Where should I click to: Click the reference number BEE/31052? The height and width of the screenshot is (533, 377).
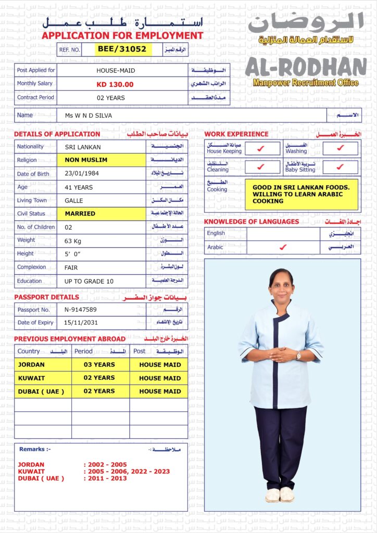tap(124, 49)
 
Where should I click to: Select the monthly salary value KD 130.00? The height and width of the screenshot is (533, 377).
tap(115, 84)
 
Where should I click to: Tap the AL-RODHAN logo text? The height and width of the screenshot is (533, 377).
tap(306, 67)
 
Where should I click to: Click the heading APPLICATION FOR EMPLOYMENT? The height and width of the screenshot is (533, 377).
tap(122, 36)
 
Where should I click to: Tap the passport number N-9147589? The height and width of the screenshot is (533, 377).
tap(80, 310)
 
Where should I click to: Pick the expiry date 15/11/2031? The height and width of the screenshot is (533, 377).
tap(81, 323)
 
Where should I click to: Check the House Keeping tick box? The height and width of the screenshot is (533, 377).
tap(261, 149)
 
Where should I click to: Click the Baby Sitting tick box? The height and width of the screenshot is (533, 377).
tap(340, 167)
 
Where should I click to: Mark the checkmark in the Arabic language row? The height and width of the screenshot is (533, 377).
tap(283, 247)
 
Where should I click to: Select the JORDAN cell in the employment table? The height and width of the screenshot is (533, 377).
tap(43, 365)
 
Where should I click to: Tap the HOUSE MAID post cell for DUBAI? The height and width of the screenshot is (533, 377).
tap(160, 391)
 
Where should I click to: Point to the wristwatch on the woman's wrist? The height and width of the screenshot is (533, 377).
tap(298, 356)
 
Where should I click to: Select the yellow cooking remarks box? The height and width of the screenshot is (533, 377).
tap(301, 194)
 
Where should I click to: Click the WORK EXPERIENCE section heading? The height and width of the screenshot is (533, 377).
tap(236, 134)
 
